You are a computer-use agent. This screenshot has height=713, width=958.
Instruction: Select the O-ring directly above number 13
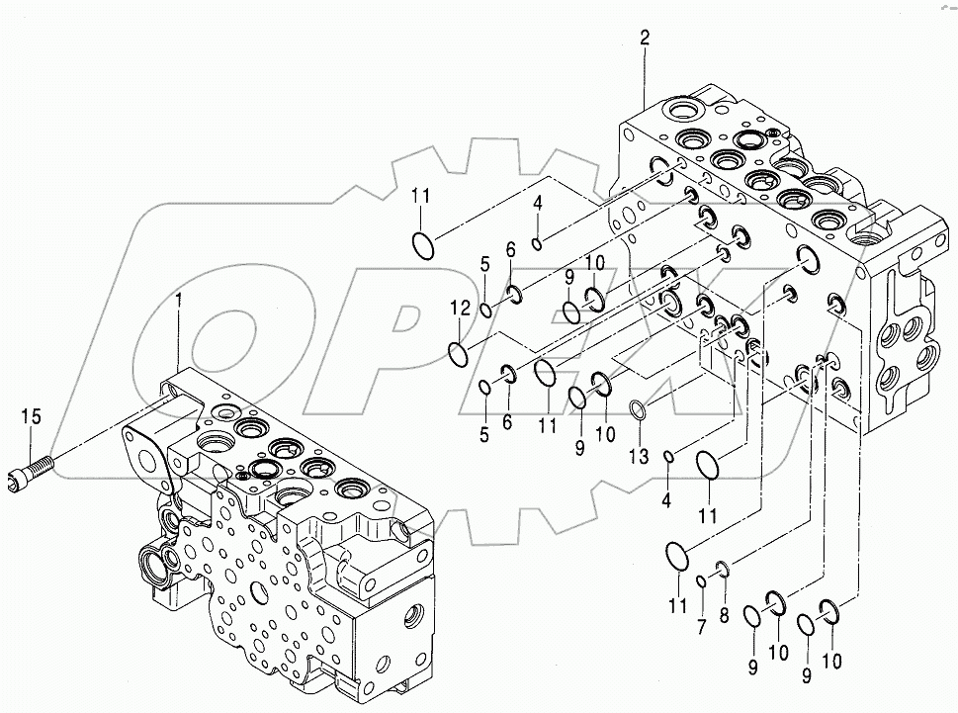pyautogui.click(x=641, y=409)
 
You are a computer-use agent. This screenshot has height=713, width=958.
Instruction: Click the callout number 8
pyautogui.click(x=725, y=614)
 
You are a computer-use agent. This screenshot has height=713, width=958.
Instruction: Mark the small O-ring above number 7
pyautogui.click(x=699, y=579)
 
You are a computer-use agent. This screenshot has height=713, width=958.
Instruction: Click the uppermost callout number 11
pyautogui.click(x=421, y=196)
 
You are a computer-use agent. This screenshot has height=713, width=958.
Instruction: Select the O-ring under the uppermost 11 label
pyautogui.click(x=422, y=244)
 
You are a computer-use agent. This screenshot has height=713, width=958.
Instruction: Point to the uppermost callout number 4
pyautogui.click(x=537, y=203)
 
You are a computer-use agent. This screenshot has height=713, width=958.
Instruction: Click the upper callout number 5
pyautogui.click(x=485, y=264)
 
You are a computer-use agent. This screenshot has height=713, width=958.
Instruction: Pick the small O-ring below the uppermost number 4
pyautogui.click(x=535, y=244)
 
